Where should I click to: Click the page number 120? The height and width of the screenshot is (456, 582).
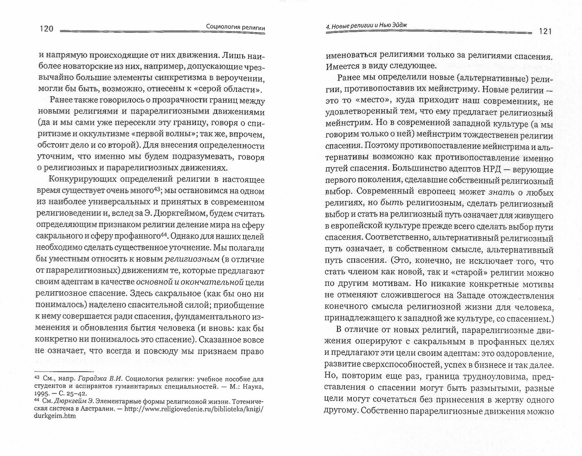point(46,29)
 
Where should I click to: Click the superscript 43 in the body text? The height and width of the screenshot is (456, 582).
point(157,189)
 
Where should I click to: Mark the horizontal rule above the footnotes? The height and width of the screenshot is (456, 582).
point(64,371)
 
